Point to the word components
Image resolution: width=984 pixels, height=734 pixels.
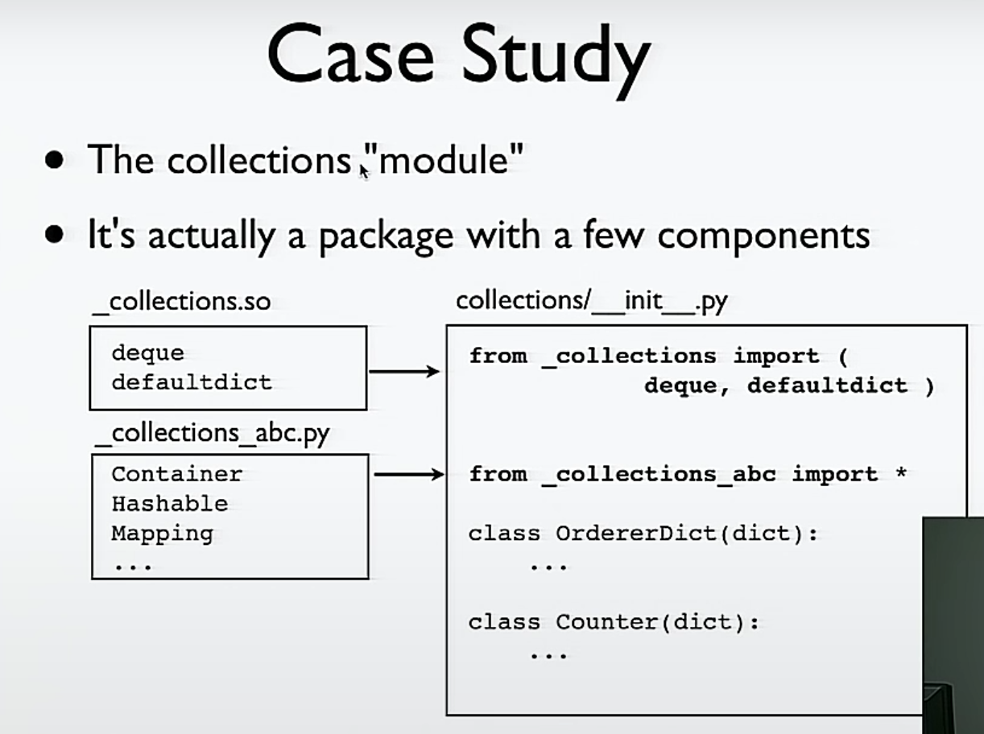tap(763, 236)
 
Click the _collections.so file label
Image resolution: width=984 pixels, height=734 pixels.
tap(181, 301)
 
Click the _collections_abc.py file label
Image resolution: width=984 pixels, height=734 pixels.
tap(212, 434)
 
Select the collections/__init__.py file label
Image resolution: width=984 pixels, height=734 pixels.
tap(591, 301)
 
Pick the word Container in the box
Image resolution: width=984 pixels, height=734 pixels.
tap(176, 474)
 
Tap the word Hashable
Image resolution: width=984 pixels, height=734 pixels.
tap(169, 504)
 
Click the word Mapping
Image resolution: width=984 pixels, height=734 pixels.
tap(162, 534)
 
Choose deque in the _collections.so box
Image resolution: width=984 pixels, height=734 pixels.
tap(147, 353)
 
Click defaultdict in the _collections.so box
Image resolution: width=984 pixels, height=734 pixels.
tap(192, 381)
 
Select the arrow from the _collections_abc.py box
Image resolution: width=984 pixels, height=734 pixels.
tap(408, 475)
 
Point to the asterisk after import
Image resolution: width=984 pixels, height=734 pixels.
tap(900, 474)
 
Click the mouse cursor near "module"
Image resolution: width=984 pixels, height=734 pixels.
tap(364, 170)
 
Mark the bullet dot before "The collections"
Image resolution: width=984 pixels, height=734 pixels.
tap(55, 159)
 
